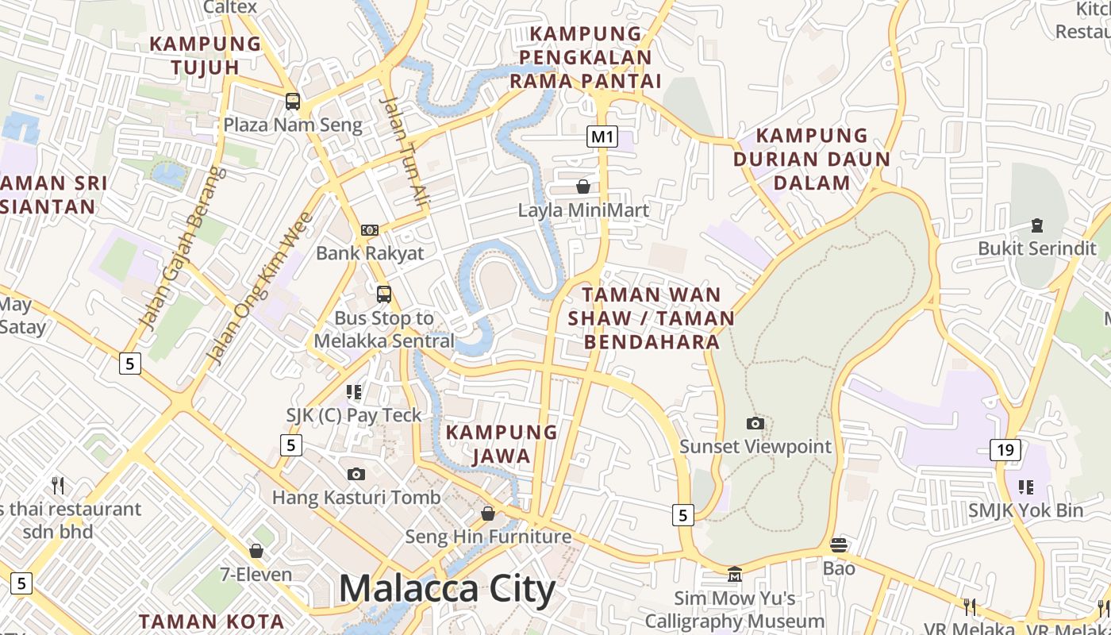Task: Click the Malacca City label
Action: coord(447,589)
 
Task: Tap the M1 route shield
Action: coord(602,137)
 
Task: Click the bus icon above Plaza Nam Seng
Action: coord(293,102)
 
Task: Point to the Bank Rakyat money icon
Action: coord(370,230)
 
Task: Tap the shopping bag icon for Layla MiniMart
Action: coord(583,187)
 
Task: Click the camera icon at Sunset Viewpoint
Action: coord(755,424)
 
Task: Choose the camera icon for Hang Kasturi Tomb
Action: coord(356,475)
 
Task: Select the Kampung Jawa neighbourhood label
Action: coord(502,444)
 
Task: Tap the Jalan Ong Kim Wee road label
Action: coord(259,289)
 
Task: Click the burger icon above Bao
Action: coord(839,545)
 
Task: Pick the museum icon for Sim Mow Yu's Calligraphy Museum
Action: coord(735,574)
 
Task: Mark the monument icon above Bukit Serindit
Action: coord(1036,225)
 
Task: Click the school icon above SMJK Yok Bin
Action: coord(1026,487)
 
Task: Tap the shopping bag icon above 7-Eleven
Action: coord(256,550)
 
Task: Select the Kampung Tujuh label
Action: coord(206,55)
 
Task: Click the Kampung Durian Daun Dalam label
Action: coord(812,159)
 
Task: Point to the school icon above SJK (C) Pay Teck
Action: coord(354,391)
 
